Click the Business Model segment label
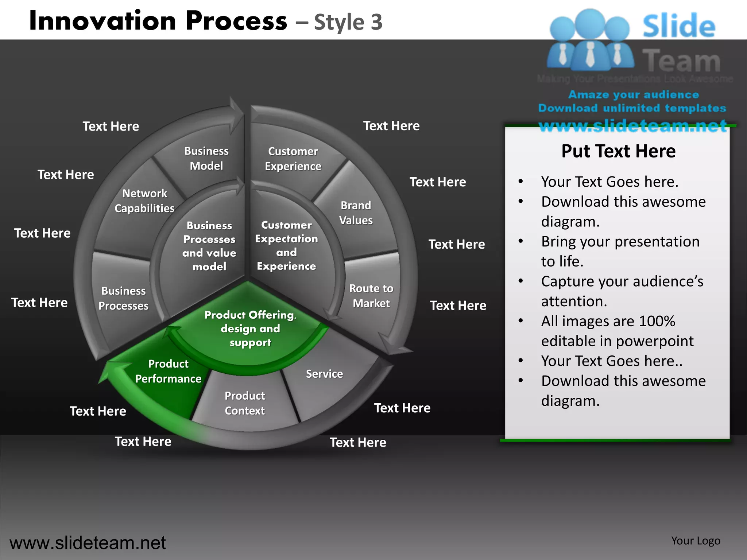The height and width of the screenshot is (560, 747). coord(206,159)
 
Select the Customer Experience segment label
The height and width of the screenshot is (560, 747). coord(293,159)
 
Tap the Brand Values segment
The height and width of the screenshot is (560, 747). coord(356,213)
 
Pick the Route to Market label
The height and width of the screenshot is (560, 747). coord(371,296)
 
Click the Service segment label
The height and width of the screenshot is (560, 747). coord(324,374)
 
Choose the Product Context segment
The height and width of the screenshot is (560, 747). coord(245,403)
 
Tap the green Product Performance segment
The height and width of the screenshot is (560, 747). coord(168,371)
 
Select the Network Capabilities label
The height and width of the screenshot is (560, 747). coord(144,201)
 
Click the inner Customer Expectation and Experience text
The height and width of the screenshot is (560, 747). coord(286,245)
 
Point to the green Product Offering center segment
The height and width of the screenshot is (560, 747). coord(250,328)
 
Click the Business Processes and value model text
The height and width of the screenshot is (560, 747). coord(209,246)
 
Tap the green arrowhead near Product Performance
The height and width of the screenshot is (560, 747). coord(109,372)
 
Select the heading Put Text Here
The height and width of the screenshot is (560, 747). coord(618,151)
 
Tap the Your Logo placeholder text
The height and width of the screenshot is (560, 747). coord(696,541)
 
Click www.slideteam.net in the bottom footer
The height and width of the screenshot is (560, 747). coord(88,543)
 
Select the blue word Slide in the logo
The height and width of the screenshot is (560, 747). coord(679,26)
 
